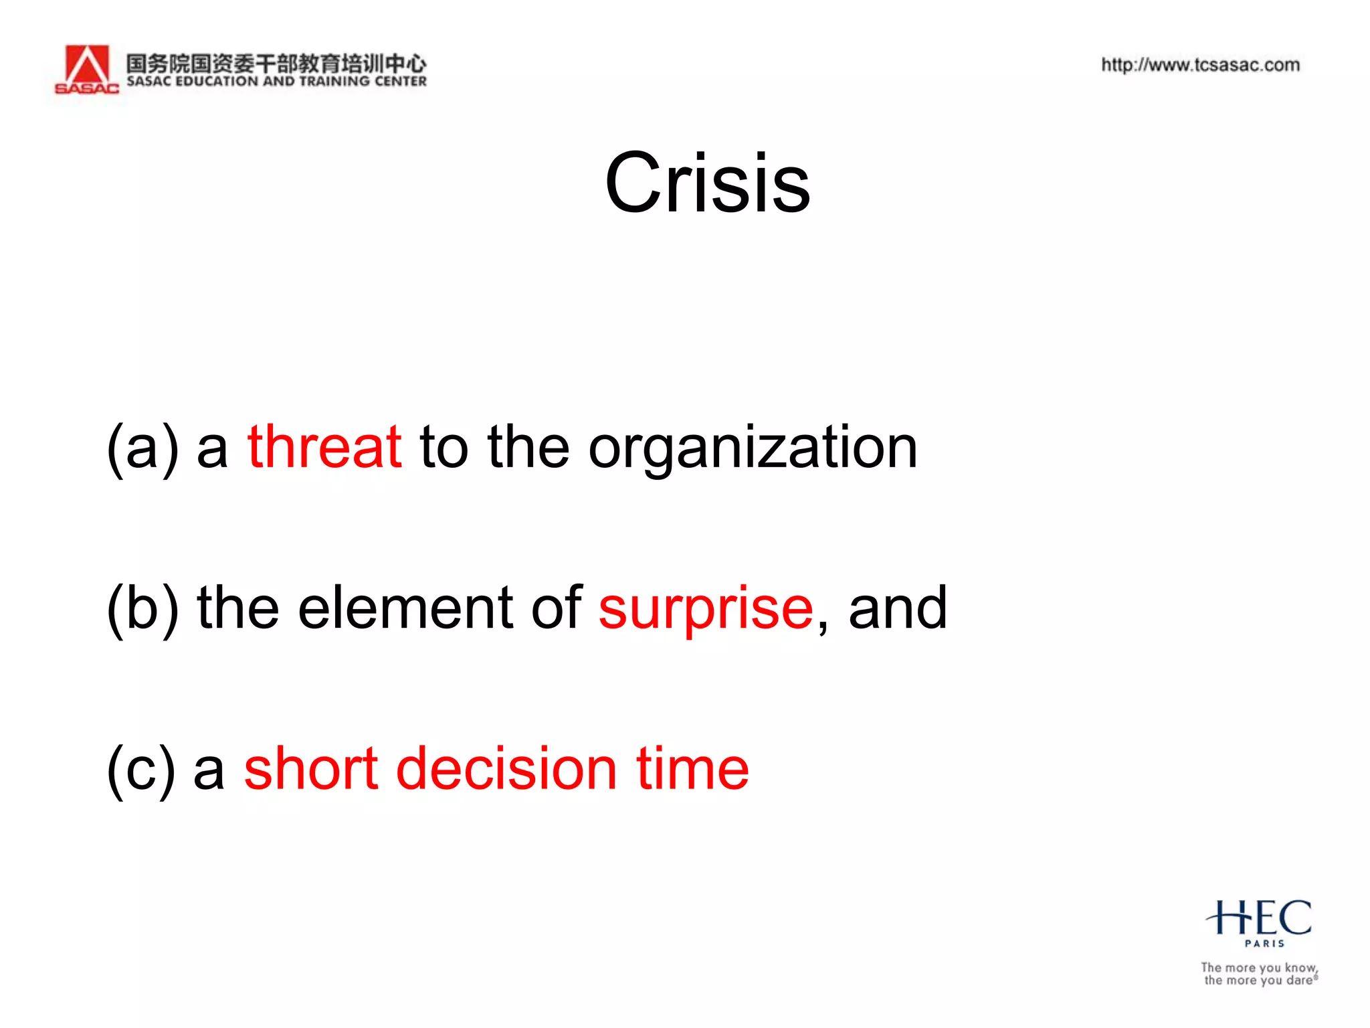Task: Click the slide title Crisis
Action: pyautogui.click(x=707, y=183)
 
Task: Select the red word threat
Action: pyautogui.click(x=324, y=447)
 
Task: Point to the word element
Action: pyautogui.click(x=405, y=608)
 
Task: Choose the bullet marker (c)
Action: pyautogui.click(x=141, y=770)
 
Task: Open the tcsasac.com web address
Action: pyautogui.click(x=1200, y=65)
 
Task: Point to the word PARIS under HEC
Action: pyautogui.click(x=1264, y=944)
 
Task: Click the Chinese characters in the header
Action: pyautogui.click(x=276, y=63)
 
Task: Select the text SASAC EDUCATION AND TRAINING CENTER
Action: pyautogui.click(x=276, y=82)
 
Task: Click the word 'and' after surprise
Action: pyautogui.click(x=898, y=608)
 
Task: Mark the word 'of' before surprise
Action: pyautogui.click(x=557, y=608)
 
